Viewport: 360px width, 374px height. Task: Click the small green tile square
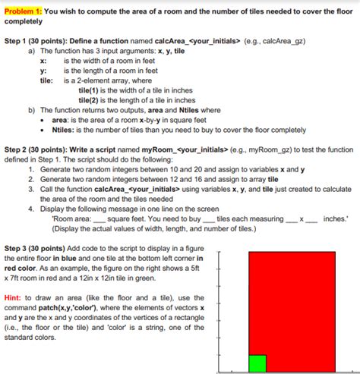[x=257, y=363]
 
